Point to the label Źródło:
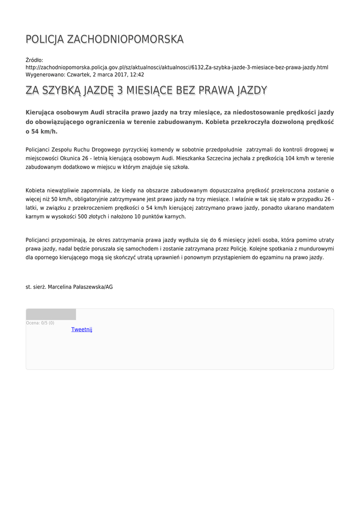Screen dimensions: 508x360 pos(34,60)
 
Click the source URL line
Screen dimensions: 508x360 pos(177,67)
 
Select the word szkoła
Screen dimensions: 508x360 pos(179,167)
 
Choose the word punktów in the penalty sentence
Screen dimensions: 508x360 pos(148,217)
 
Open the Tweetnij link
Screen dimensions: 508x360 pos(82,329)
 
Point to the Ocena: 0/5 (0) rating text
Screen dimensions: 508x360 pos(40,323)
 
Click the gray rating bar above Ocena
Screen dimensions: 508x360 pos(51,315)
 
